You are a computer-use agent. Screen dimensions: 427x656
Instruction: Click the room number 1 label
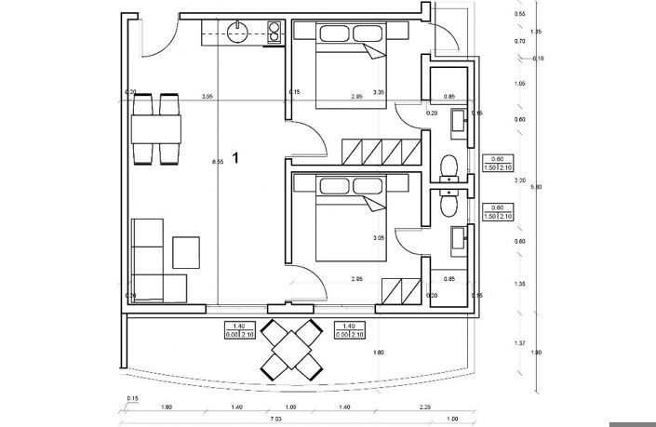click(x=236, y=159)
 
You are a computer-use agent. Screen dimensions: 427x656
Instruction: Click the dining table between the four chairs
click(x=156, y=127)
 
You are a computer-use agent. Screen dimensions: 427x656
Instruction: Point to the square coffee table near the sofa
click(x=187, y=252)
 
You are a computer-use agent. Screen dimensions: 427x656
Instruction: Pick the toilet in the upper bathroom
click(x=449, y=165)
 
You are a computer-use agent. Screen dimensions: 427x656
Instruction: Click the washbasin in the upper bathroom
click(x=460, y=120)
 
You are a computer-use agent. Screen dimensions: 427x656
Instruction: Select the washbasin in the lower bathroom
click(x=460, y=240)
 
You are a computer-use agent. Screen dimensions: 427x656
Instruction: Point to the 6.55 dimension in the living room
click(x=218, y=163)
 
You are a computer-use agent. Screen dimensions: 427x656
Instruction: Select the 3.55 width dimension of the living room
click(x=208, y=96)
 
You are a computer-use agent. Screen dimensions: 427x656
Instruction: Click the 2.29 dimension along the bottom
click(x=425, y=407)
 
